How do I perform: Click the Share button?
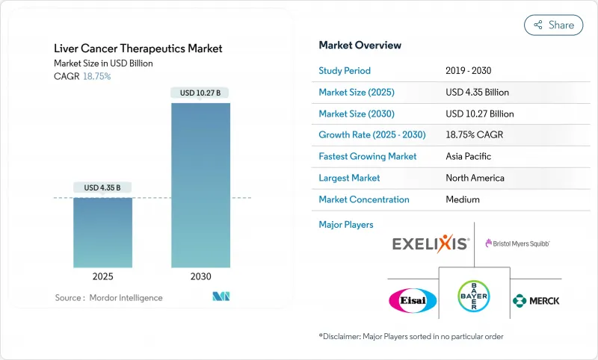tap(553, 25)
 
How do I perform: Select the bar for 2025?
tap(103, 232)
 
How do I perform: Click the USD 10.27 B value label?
tap(200, 93)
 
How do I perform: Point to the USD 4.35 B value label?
tap(103, 187)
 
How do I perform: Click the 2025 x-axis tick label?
tap(103, 276)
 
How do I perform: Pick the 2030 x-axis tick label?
tap(200, 276)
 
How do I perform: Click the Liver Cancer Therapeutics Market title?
tap(138, 49)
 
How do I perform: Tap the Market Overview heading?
tap(360, 46)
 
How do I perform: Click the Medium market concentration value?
tap(462, 199)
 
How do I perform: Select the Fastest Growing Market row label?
tap(368, 157)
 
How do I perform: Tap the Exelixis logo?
tap(431, 243)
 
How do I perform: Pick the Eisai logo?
tap(413, 300)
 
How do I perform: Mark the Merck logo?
tap(535, 300)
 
